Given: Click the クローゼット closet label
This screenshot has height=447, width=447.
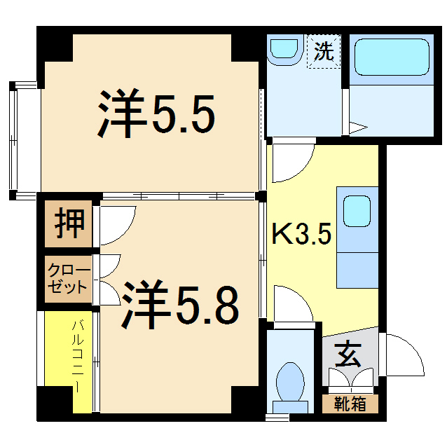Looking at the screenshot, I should pyautogui.click(x=69, y=279).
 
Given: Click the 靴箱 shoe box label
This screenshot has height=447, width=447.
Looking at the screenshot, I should pyautogui.click(x=350, y=404).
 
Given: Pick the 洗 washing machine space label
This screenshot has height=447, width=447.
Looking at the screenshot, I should pyautogui.click(x=324, y=52).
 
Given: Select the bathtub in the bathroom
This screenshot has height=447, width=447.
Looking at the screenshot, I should pyautogui.click(x=391, y=58).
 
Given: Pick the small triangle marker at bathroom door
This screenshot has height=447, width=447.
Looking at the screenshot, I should pyautogui.click(x=358, y=128).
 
